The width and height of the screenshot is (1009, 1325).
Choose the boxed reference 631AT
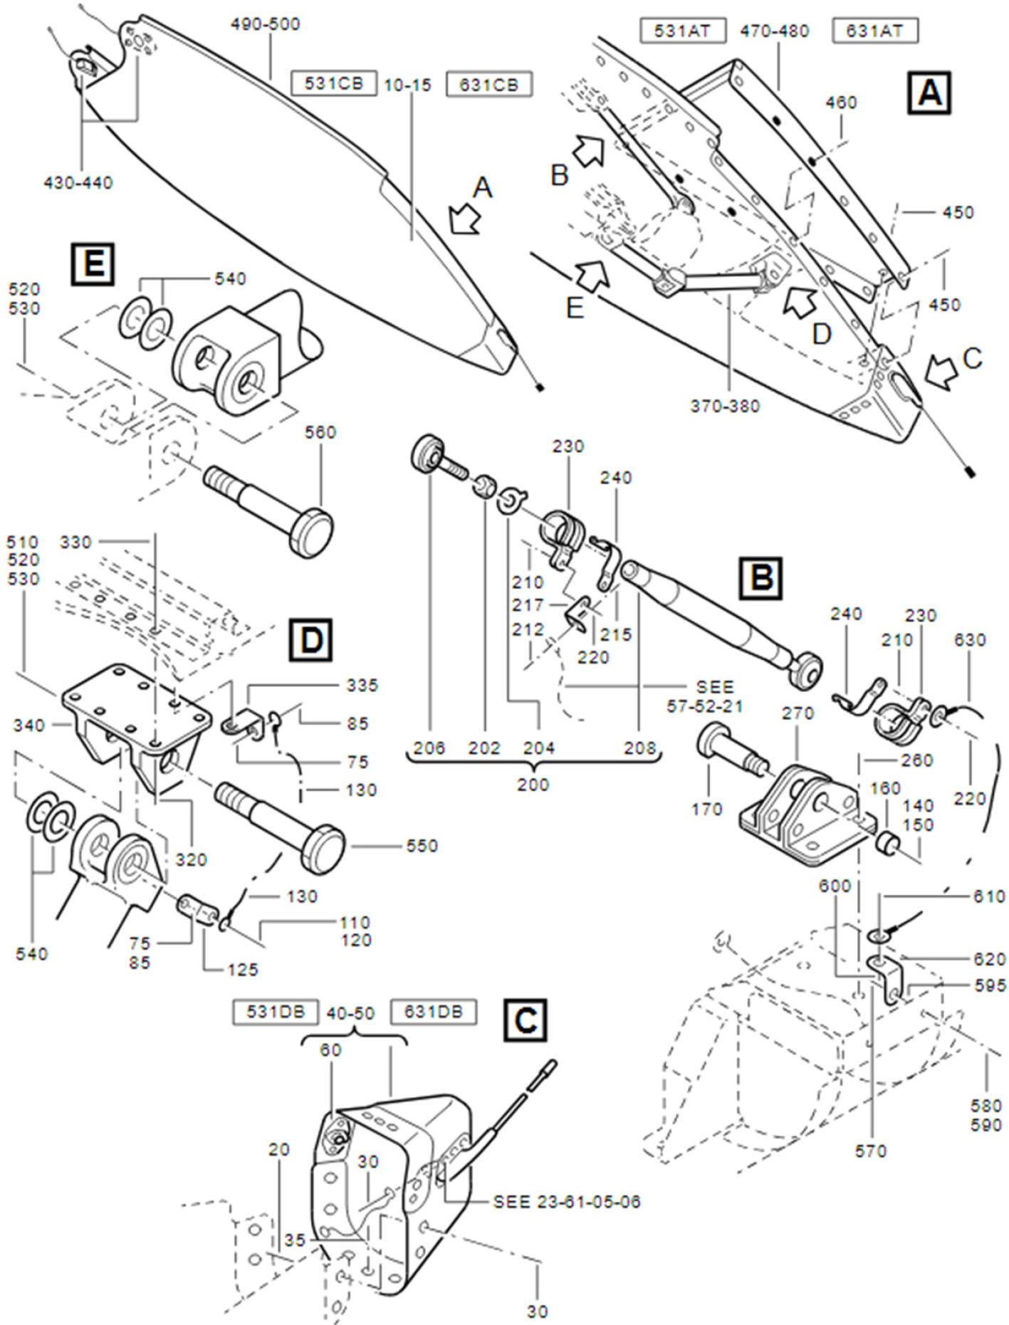[x=874, y=31]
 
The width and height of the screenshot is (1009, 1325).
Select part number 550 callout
[x=422, y=846]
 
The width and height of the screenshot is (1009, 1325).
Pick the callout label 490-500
[x=265, y=24]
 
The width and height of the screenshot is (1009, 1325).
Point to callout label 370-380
[x=725, y=406]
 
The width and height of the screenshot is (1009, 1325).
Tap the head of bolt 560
[x=313, y=532]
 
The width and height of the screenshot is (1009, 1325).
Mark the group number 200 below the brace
[x=533, y=785]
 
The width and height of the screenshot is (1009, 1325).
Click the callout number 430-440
[x=78, y=183]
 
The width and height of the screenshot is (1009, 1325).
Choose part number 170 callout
[x=706, y=809]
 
